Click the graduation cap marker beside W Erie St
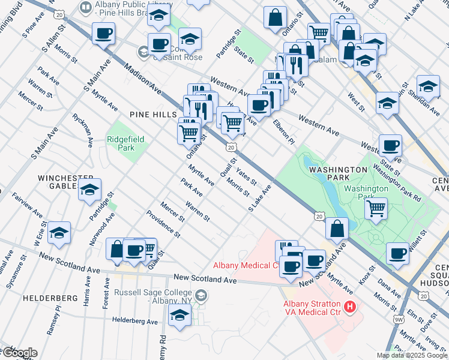[59, 233]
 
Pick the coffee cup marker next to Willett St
[397, 254]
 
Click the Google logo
[20, 353]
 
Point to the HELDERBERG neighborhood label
[50, 298]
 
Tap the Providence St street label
[163, 223]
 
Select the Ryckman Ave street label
[82, 131]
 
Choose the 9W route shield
[399, 319]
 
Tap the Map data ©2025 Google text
[412, 355]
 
